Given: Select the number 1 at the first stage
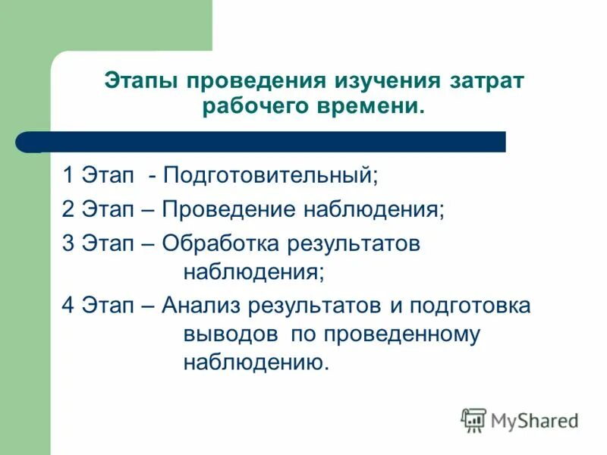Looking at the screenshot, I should [68, 175].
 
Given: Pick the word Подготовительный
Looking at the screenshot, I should [270, 176].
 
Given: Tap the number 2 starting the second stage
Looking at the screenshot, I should [68, 209].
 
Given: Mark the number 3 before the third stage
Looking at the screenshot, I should [68, 243].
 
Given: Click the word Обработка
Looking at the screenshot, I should [220, 244].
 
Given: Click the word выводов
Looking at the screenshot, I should [231, 334].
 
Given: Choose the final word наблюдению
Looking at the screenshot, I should [256, 362].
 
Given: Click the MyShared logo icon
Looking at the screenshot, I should [473, 419].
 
